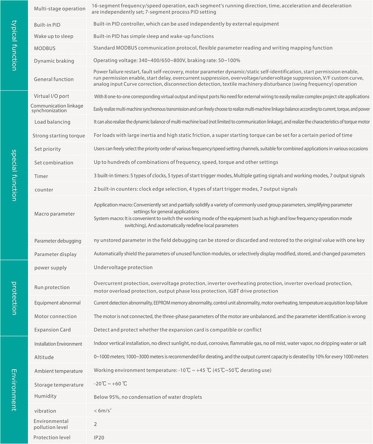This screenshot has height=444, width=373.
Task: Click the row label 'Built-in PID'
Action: pos(47,25)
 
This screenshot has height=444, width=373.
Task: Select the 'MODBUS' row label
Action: pos(44,48)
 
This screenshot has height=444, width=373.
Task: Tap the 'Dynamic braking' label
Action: pos(54,61)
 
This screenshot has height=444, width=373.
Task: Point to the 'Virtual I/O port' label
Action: pos(51,96)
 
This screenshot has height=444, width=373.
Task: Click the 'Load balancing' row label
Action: pos(52,122)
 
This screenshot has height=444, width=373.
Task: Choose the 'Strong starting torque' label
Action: pos(59,136)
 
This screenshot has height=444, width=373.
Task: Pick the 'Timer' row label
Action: pos(41,176)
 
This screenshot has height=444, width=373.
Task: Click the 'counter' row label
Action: pos(44,190)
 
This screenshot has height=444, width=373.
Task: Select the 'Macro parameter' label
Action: pos(54,214)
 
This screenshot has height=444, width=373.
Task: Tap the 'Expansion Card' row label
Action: pos(53,330)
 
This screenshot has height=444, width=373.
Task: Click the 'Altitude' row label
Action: pos(44,357)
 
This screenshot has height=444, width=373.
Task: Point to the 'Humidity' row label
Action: pos(46,396)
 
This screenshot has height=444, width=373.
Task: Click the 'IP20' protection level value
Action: pos(99,437)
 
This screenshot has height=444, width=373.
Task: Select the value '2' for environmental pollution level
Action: pos(95,424)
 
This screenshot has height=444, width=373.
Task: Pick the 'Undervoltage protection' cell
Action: pos(123,267)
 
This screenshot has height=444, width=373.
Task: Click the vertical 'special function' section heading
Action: pos(14,175)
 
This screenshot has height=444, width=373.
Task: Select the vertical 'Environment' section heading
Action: pos(14,390)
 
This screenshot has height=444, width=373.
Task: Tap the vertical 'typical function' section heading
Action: pos(14,45)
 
